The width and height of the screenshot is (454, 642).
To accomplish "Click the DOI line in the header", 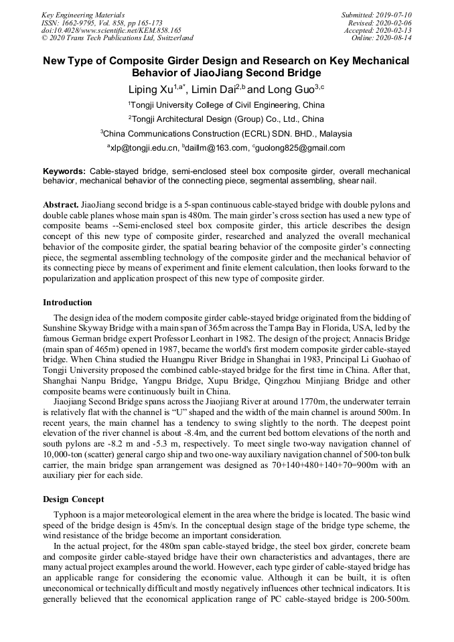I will click(111, 30).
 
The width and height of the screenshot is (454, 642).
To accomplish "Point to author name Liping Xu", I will click(151, 90).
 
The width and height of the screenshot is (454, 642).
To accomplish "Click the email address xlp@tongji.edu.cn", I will click(144, 148).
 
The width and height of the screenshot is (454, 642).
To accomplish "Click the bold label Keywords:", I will click(64, 171).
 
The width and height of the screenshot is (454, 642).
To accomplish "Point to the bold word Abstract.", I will click(60, 203).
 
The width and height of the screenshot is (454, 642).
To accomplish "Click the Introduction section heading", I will click(68, 303).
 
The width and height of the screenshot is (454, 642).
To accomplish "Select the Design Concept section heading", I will click(74, 499).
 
